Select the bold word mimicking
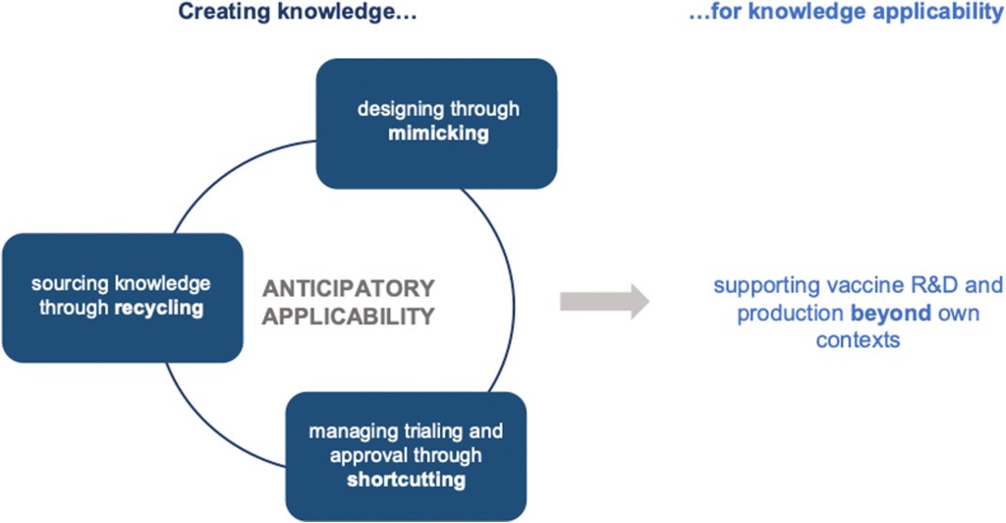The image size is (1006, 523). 438,133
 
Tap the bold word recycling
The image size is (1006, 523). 159,308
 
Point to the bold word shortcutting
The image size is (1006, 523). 406,480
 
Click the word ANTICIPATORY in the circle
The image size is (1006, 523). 349,289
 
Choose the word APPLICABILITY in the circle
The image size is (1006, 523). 349,317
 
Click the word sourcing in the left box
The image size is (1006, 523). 67,283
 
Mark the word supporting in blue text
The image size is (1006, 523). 755,287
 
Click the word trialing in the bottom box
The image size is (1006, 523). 437,431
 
